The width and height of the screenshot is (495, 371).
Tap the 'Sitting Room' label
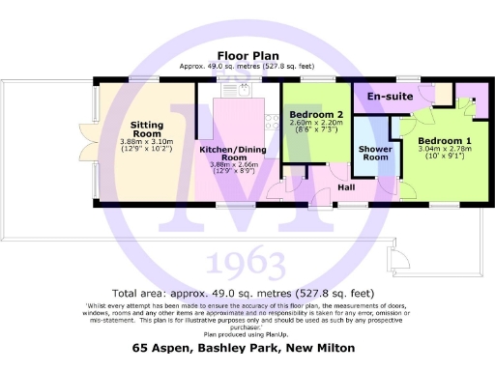pyautogui.click(x=147, y=129)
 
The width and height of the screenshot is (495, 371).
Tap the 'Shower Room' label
pyautogui.click(x=373, y=155)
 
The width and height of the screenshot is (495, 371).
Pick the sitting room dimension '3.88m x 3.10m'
pyautogui.click(x=147, y=143)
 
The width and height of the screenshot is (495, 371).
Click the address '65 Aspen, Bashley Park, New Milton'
pyautogui.click(x=244, y=346)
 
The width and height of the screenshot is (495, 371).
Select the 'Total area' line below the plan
pyautogui.click(x=244, y=293)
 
